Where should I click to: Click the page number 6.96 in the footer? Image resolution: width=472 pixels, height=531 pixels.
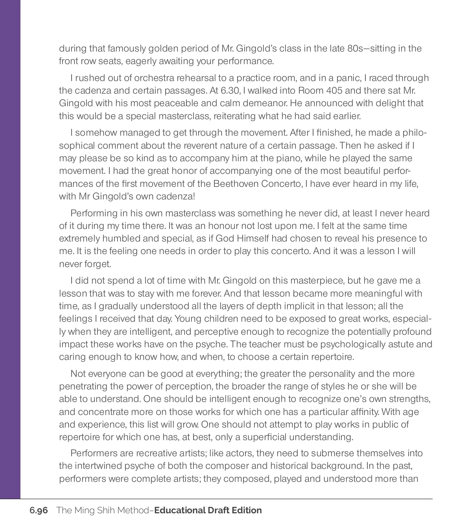point(39,511)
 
